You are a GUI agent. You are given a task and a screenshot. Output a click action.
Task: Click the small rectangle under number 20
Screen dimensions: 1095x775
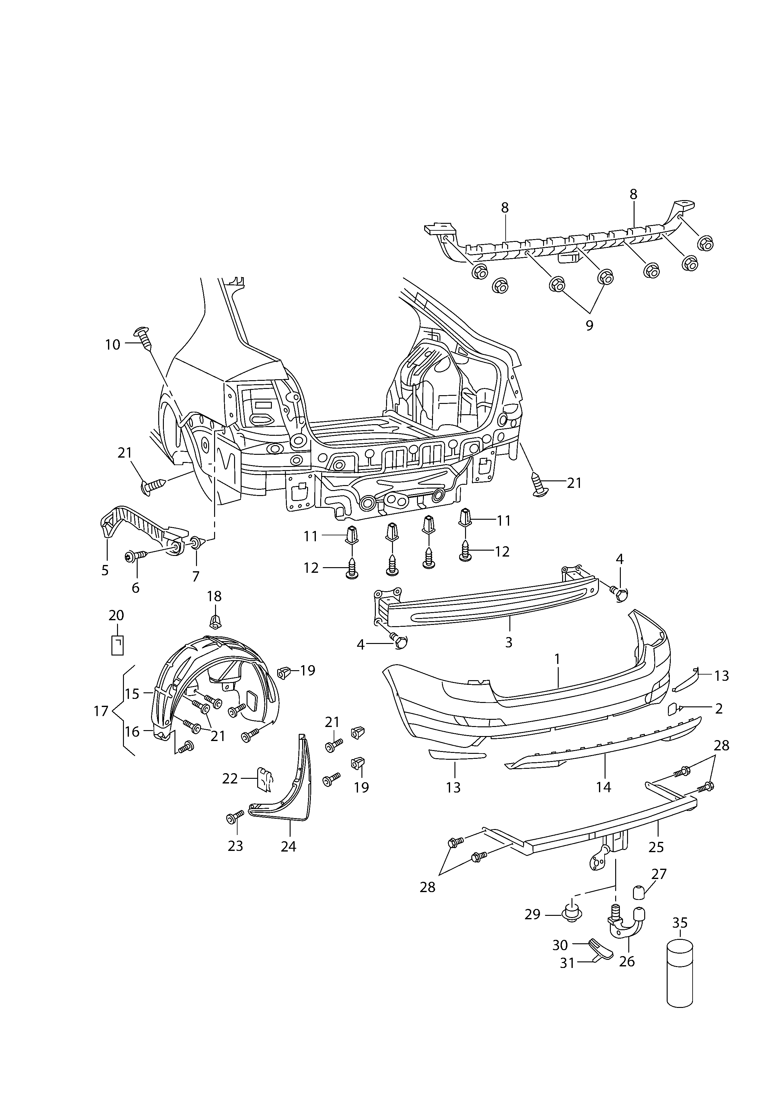(117, 645)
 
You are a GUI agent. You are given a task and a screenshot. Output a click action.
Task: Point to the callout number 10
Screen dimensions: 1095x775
(113, 345)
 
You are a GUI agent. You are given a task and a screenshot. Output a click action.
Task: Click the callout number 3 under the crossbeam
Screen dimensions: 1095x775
(509, 642)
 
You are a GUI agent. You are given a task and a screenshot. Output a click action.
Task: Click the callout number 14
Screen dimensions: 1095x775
(603, 787)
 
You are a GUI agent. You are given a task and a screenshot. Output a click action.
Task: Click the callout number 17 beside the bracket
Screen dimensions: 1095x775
(101, 724)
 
